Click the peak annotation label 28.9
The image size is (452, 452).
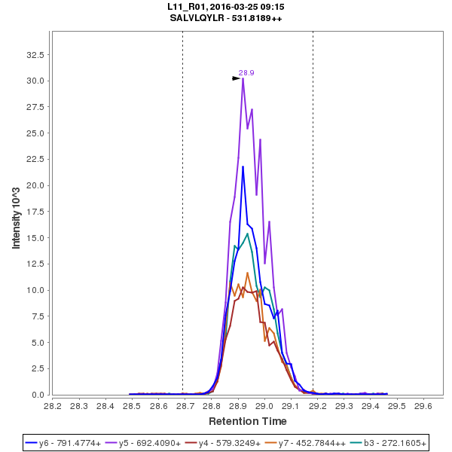(246, 73)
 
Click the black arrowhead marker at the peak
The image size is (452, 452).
(236, 78)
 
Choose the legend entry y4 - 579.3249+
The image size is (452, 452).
(234, 443)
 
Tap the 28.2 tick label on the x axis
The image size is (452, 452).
(53, 405)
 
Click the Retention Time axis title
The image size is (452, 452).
(247, 420)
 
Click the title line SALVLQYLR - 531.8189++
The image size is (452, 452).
(226, 17)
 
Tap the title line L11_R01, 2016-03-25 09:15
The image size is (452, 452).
(226, 6)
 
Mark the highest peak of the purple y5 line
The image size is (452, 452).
(243, 78)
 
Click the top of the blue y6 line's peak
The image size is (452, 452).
(243, 166)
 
